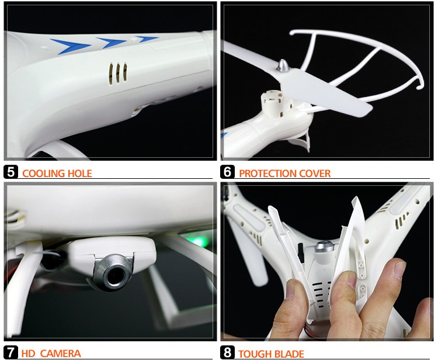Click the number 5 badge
click(11, 172)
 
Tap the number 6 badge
click(227, 172)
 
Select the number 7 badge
click(11, 352)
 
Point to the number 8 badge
click(227, 352)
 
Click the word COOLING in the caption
click(44, 174)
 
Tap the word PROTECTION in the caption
click(267, 174)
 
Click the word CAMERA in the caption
click(60, 354)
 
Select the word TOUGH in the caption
click(254, 354)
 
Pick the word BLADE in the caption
click(288, 354)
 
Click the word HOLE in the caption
click(80, 174)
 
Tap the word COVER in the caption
click(315, 174)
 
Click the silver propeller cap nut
click(283, 65)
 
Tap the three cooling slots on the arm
click(117, 74)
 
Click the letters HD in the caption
click(28, 354)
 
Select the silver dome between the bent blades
click(324, 248)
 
